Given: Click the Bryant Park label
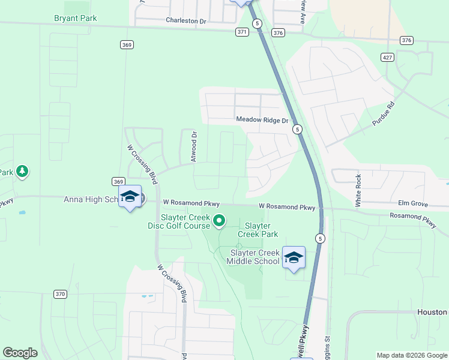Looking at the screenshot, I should tap(76, 18).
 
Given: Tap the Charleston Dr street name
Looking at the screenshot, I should tap(186, 21).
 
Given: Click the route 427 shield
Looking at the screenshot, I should tap(387, 56).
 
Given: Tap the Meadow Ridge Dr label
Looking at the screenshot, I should tap(262, 120).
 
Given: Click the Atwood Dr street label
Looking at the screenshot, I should tap(194, 147).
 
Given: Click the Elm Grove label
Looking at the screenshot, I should tap(413, 204).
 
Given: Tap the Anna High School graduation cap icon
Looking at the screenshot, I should tap(130, 196).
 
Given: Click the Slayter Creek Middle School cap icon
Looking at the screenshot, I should tap(294, 257).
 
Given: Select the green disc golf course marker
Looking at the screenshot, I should tap(219, 221).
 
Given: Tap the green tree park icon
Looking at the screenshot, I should tap(22, 172).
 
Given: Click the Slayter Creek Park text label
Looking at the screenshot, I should tap(258, 230).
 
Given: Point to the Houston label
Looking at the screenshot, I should tap(433, 312).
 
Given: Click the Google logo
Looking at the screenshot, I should tap(20, 353).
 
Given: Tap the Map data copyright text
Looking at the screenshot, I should tap(411, 355).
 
